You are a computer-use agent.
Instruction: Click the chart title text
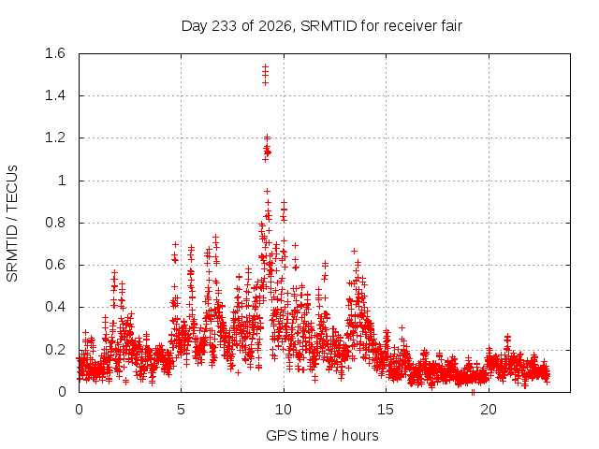322,26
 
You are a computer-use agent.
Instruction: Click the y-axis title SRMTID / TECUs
12,224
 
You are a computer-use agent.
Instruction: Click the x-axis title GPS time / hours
322,435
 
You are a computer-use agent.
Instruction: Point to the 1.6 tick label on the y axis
55,53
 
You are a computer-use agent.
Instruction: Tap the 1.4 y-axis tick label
55,95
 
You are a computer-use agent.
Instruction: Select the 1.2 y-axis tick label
55,138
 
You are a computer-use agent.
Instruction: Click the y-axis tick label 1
62,181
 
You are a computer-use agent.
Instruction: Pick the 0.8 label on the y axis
55,223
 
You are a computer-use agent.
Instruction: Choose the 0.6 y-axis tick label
55,265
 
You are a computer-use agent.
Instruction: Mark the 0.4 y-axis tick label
55,307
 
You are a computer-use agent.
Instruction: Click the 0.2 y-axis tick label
55,350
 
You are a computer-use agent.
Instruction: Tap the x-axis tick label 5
181,410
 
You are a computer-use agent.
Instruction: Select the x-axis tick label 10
284,410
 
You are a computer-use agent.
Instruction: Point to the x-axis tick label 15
386,410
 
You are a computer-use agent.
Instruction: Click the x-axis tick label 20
489,410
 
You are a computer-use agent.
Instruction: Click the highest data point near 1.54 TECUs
265,66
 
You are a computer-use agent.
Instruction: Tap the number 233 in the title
225,26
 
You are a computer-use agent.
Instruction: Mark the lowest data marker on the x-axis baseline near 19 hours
473,392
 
